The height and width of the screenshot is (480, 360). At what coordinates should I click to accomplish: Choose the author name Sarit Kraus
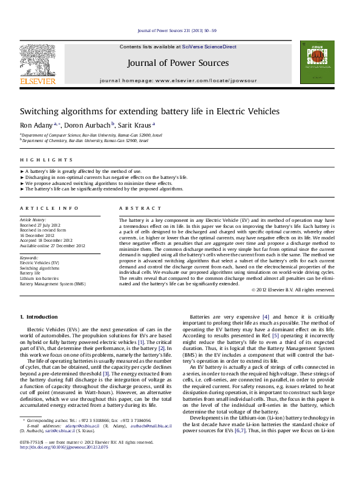click(x=136, y=125)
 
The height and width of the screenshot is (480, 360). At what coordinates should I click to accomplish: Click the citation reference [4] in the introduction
click(x=266, y=317)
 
